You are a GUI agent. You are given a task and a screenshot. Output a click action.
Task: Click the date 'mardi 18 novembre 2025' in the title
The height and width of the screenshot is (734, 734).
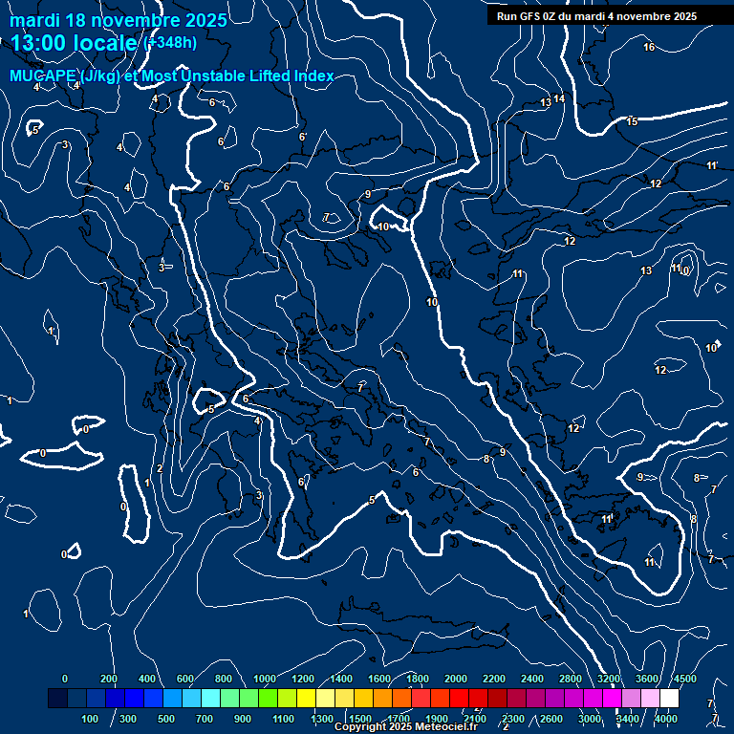[x=119, y=20]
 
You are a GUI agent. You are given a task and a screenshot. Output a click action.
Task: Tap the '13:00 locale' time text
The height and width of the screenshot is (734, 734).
[x=74, y=43]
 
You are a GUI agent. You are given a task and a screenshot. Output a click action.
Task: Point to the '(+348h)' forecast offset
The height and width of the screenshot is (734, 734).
[x=170, y=43]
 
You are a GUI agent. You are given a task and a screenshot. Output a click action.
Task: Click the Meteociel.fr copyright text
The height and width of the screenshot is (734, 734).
[x=407, y=727]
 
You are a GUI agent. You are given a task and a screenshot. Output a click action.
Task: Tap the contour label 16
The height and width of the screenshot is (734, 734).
[x=649, y=47]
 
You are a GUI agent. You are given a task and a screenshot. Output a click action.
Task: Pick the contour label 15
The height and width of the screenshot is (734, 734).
[x=632, y=121]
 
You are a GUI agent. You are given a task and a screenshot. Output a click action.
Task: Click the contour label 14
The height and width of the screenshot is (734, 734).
[x=559, y=98]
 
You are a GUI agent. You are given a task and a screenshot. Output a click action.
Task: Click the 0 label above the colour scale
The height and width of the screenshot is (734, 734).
[x=65, y=679]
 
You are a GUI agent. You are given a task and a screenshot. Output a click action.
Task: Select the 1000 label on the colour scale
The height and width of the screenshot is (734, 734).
[x=264, y=679]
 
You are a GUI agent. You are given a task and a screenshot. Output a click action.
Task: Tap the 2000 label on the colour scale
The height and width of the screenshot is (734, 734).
[x=456, y=679]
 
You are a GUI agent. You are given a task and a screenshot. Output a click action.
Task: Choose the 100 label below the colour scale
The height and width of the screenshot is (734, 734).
[x=91, y=719]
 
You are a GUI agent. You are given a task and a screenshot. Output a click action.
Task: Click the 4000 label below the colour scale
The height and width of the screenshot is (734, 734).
[x=666, y=719]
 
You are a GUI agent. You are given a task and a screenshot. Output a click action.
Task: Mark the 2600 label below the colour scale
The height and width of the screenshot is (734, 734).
[x=551, y=719]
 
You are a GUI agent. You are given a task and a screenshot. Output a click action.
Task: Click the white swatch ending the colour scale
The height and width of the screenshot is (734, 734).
[x=669, y=699]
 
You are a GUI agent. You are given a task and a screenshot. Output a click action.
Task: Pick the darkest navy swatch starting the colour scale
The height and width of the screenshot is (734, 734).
[x=57, y=699]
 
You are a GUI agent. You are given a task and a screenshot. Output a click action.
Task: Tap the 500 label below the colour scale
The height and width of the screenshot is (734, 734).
[x=166, y=719]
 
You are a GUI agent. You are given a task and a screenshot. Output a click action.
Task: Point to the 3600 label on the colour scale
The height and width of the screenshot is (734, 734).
[x=647, y=679]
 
